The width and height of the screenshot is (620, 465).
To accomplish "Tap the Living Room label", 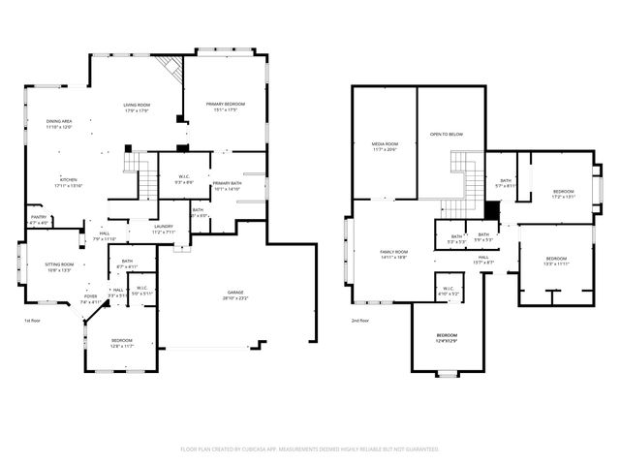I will click(136, 108).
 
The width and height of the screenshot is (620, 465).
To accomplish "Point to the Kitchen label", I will click(69, 182).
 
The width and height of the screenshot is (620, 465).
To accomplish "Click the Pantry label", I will click(39, 220).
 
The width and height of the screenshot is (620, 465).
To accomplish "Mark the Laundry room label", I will click(163, 229).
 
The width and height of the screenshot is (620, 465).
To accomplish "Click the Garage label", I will click(235, 294).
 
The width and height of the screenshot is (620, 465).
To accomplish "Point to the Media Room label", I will click(385, 146).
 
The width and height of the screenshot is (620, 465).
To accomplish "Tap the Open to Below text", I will click(446, 135).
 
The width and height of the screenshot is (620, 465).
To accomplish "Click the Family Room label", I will click(392, 255).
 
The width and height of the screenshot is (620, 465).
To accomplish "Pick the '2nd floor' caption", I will click(360, 321).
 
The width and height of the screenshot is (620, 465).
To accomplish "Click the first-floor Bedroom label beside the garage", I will click(121, 342).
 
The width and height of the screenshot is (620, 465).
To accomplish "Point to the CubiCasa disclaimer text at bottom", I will click(310, 449).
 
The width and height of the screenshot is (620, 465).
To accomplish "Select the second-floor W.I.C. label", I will click(449, 291).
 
